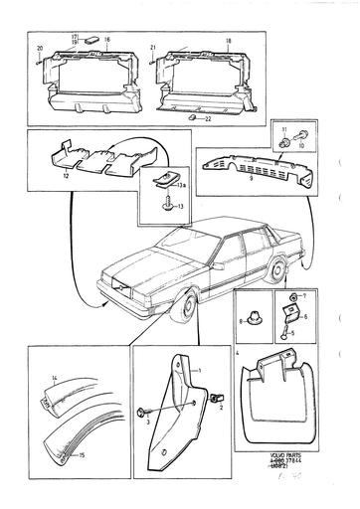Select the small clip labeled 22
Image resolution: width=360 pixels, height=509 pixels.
pos(192,116)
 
